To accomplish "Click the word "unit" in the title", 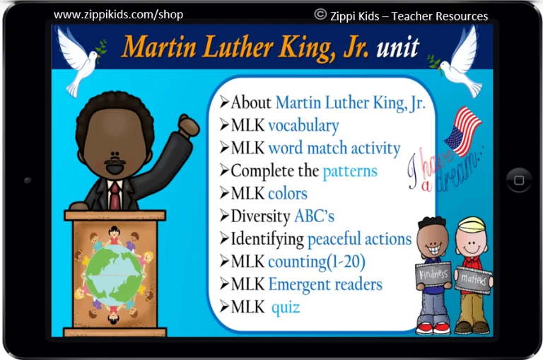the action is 397,47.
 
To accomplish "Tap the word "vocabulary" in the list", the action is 303,126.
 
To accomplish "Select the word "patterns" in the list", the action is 350,171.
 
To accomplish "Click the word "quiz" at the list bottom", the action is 286,308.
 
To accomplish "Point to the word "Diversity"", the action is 260,216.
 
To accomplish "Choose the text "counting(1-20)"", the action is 317,262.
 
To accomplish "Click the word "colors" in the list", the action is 288,194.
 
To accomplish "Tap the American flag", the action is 462,132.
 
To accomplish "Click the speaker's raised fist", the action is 189,126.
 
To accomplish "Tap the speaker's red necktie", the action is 115,195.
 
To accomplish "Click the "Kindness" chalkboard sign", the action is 433,274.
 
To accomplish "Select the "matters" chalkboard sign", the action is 474,279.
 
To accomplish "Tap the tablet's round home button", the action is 519,180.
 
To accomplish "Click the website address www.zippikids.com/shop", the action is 119,15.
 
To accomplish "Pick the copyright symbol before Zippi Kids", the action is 320,14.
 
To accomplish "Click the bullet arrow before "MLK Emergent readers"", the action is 224,284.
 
